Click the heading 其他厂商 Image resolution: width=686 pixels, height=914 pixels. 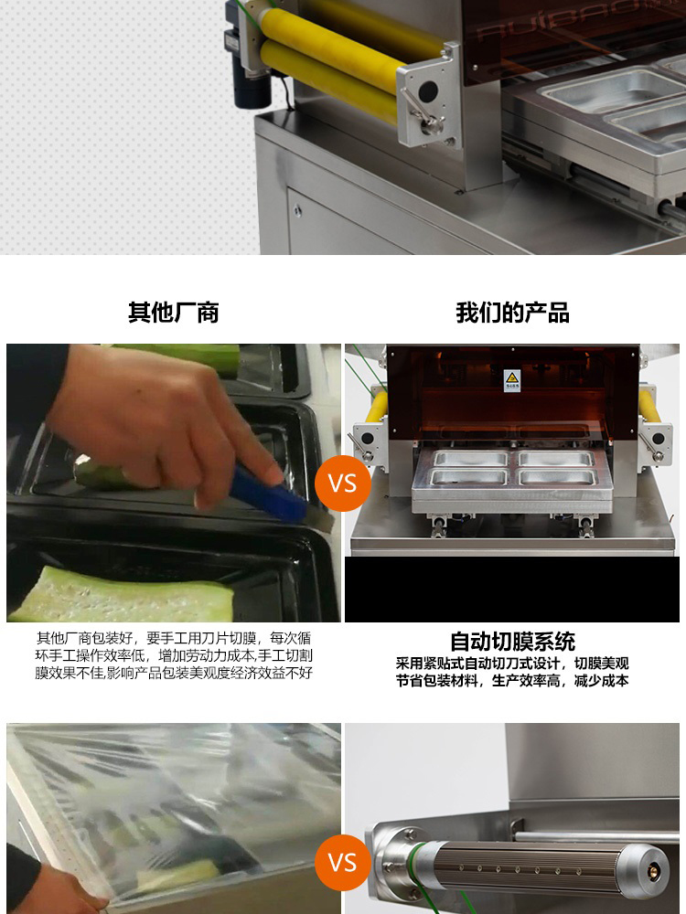173,313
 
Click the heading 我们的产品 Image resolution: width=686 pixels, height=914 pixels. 512,313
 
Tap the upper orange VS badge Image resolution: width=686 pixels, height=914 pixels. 342,484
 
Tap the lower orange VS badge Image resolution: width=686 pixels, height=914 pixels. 342,862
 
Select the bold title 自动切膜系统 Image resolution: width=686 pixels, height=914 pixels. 512,642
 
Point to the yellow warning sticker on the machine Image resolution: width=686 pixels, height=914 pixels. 511,380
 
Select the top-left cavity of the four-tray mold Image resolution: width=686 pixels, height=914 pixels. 471,458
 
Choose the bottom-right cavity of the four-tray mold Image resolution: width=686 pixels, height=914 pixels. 556,477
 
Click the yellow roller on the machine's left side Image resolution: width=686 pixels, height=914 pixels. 377,407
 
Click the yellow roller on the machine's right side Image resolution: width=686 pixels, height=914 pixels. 649,407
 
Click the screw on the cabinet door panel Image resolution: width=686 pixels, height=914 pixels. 297,209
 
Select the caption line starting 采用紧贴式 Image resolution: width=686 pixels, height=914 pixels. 512,664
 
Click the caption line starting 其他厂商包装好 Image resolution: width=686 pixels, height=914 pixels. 174,638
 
